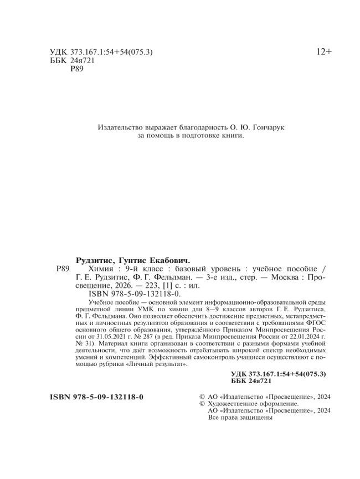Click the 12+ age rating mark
coord(324,52)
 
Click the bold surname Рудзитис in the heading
coord(94,260)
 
